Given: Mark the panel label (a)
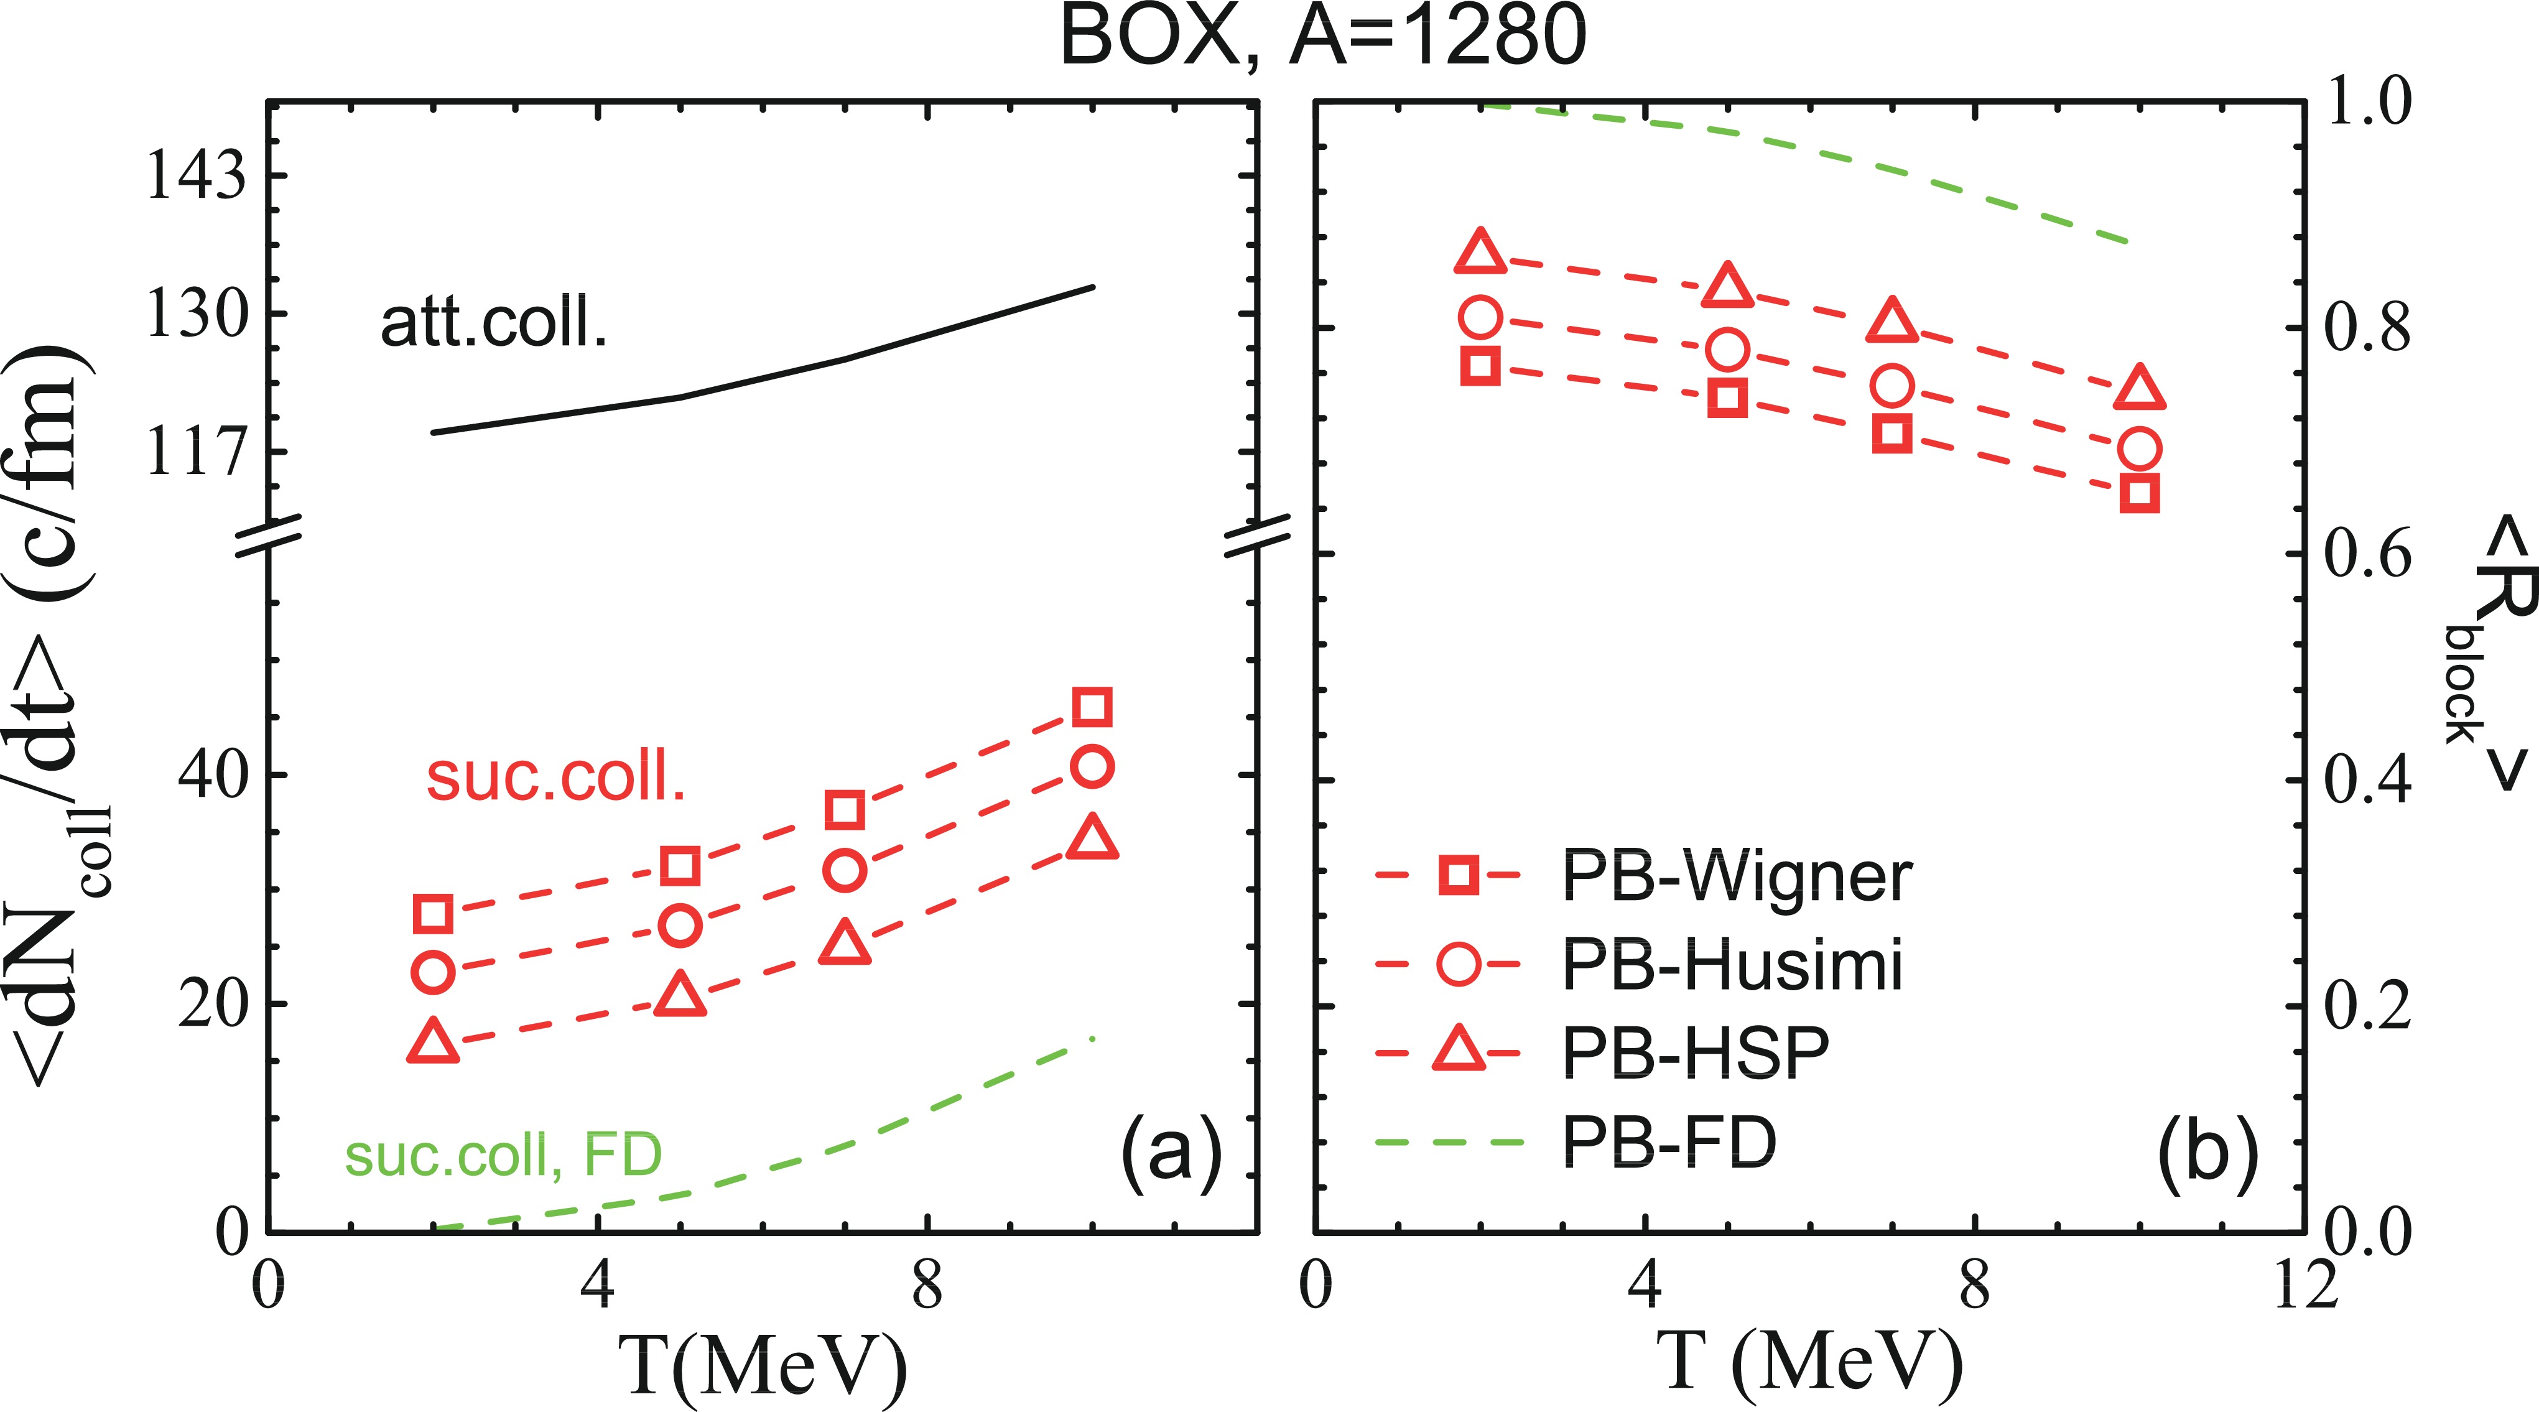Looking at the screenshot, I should point(1171,1152).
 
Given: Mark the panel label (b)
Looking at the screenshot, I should point(2208,1152).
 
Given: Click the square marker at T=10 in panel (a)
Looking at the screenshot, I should point(1093,707).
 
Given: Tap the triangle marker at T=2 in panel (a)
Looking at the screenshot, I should point(434,1041).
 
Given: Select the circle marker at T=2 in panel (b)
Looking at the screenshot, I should point(1480,317).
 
